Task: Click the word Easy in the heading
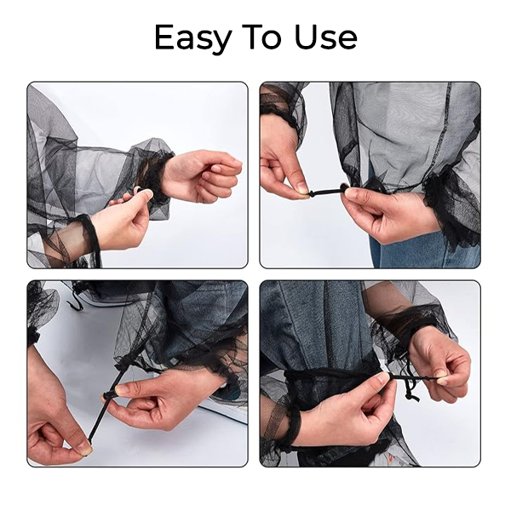[x=193, y=38]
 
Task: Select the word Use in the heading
[x=325, y=37]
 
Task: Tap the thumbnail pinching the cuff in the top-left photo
[x=147, y=194]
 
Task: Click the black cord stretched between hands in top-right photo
[x=327, y=191]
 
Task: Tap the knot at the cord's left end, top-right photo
[x=312, y=194]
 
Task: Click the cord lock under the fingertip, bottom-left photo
[x=108, y=396]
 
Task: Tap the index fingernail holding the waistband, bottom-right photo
[x=382, y=376]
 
